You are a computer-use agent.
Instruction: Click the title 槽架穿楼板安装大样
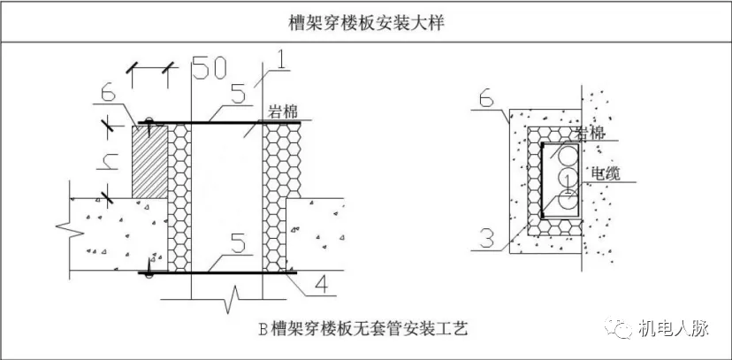[x=366, y=22]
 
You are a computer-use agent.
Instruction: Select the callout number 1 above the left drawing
[x=278, y=62]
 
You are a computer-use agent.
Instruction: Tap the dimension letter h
[x=110, y=160]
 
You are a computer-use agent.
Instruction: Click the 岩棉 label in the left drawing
[x=282, y=112]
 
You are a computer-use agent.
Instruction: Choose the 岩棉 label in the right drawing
[x=590, y=132]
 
